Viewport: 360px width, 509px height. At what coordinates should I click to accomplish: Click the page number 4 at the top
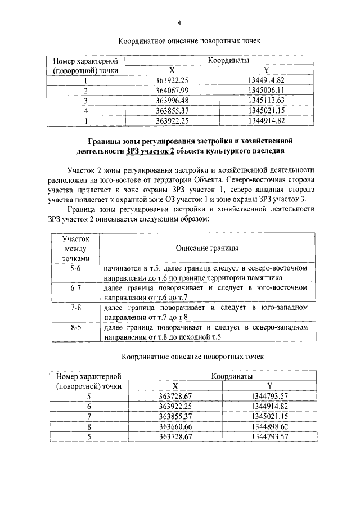coord(179,23)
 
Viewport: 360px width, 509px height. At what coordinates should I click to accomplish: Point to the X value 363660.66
coord(175,426)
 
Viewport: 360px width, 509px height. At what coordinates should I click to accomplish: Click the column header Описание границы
coord(206,248)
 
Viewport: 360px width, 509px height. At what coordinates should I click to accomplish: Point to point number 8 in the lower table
coord(88,426)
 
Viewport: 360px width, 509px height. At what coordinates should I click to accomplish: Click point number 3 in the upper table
coord(86,101)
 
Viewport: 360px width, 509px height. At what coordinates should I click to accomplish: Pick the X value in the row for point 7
coord(175,416)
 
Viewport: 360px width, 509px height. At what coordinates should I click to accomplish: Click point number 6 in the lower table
coord(88,406)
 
